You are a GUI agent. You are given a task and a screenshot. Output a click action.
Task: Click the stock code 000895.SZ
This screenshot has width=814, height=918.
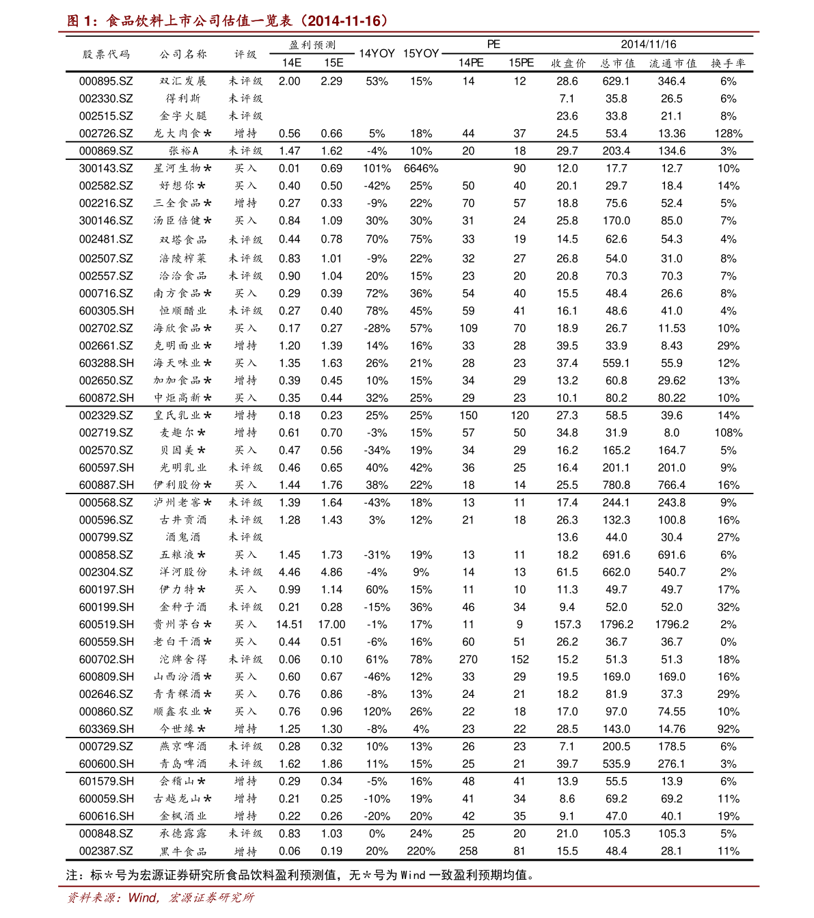point(106,81)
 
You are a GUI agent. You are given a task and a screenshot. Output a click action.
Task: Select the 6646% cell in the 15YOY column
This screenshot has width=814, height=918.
point(421,169)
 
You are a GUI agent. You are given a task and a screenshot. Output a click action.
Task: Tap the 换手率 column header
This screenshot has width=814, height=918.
point(728,64)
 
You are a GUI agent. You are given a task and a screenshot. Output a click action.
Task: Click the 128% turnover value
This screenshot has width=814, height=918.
point(728,134)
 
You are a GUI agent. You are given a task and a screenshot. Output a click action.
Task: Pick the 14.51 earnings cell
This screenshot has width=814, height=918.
point(289,625)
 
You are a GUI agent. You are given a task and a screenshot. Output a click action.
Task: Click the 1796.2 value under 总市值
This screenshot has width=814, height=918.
point(616,625)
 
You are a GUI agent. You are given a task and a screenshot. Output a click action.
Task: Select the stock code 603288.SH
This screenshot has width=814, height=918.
point(106,364)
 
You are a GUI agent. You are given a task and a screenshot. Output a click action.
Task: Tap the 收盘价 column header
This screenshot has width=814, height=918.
point(568,64)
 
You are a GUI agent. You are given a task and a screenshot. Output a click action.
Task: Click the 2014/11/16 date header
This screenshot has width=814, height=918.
point(648,44)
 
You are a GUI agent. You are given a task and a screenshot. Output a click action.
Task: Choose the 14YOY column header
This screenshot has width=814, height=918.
point(377,53)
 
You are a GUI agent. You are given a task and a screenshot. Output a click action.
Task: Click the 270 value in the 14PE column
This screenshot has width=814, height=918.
point(468,660)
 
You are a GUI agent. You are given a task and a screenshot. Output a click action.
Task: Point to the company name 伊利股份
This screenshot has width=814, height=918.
point(182,485)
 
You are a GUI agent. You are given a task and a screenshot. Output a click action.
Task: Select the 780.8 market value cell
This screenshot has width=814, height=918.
point(616,485)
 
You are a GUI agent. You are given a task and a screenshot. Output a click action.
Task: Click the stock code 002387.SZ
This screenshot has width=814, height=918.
point(106,852)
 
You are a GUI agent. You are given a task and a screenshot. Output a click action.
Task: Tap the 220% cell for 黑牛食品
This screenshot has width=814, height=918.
point(421,852)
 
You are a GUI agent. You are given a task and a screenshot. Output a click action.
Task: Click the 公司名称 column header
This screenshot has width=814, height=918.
point(183,54)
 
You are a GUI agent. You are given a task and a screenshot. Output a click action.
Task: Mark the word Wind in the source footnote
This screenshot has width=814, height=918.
point(143,897)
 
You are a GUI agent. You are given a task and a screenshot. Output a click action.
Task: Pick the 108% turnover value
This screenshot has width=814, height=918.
point(728,433)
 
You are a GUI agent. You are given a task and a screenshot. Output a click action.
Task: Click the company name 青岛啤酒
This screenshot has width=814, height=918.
point(183,764)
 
